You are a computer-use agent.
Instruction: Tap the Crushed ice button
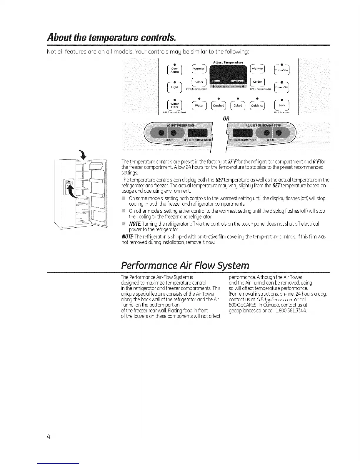pos(219,106)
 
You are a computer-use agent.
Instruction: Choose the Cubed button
pos(238,106)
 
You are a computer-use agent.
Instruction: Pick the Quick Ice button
pos(257,106)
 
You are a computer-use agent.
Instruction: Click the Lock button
pos(282,105)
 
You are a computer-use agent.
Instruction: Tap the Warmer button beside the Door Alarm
pos(199,69)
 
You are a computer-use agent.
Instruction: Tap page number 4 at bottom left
pos(49,437)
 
